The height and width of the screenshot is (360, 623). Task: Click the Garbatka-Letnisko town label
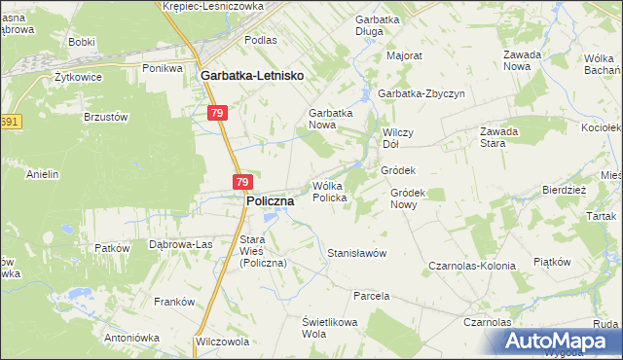coord(252,74)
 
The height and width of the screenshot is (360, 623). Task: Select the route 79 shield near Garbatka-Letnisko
coord(218,114)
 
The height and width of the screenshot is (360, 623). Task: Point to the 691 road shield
coord(10,122)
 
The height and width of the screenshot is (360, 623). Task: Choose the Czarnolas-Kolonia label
coord(472,265)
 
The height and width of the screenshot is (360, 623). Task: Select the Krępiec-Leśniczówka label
coord(213,6)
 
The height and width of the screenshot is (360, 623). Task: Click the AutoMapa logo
coord(557,342)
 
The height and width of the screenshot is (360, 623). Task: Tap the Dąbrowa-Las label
coord(180,244)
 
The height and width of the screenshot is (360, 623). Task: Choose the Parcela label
coord(372,295)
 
